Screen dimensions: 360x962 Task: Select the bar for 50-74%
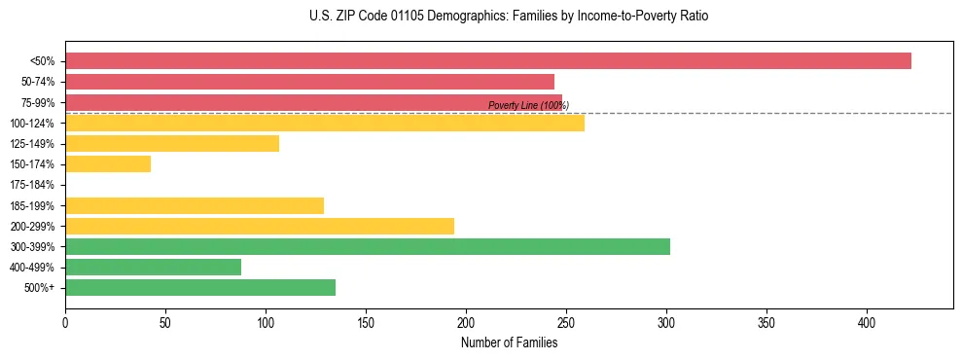coord(309,82)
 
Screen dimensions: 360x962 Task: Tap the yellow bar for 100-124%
coord(325,123)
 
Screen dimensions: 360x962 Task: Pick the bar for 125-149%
coord(172,144)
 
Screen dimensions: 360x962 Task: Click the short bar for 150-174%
coord(108,164)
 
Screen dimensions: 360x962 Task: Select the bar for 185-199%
coord(195,205)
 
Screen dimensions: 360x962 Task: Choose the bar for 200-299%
coord(260,226)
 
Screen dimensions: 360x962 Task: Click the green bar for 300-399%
coord(368,246)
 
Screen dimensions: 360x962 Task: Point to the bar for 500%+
coord(200,287)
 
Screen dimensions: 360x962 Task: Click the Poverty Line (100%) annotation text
coord(528,105)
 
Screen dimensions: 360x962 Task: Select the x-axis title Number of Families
coord(509,342)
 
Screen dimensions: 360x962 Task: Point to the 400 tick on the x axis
coord(867,321)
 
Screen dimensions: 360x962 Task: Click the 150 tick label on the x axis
coord(366,321)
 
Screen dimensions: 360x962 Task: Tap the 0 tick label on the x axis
coord(65,321)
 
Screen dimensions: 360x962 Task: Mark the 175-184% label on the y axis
coord(32,185)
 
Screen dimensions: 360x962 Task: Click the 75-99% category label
coord(35,102)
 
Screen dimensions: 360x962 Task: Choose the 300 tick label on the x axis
coord(666,321)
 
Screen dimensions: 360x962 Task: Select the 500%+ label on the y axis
coord(39,288)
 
